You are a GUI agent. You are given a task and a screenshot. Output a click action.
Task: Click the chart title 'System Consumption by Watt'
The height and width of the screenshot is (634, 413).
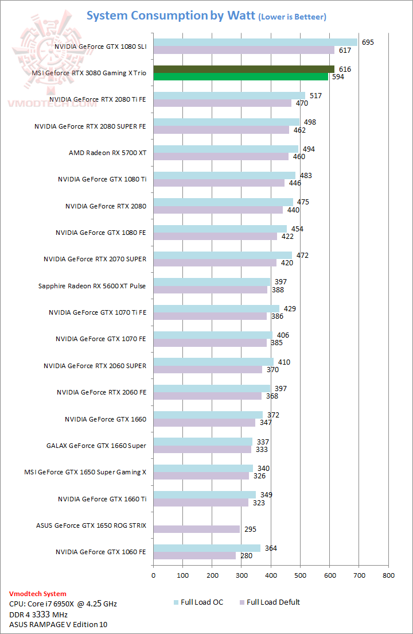[x=170, y=16]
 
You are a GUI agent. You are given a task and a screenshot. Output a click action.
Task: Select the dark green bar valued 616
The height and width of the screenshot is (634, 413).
[x=244, y=69]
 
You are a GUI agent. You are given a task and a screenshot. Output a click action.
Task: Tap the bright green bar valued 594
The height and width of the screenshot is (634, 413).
[x=241, y=76]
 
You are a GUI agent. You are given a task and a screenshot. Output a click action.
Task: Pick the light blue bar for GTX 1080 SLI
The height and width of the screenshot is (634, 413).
[x=255, y=42]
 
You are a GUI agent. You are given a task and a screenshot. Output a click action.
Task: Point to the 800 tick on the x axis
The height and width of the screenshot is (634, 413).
[x=388, y=575]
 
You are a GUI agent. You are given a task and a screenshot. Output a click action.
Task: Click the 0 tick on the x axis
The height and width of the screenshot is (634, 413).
[x=153, y=575]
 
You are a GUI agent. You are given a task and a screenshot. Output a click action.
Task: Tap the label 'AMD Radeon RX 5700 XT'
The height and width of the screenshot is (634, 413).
[x=107, y=153]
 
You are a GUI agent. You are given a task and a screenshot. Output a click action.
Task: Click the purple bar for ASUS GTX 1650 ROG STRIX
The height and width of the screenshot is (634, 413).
[x=197, y=529]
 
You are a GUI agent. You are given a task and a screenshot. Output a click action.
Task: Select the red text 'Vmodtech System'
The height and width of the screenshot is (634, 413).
[x=38, y=594]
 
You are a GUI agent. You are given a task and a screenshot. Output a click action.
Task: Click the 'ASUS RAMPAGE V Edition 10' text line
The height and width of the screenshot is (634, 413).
[x=59, y=624]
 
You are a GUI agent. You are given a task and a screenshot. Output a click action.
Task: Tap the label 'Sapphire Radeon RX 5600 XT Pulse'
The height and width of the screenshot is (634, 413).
[x=92, y=286]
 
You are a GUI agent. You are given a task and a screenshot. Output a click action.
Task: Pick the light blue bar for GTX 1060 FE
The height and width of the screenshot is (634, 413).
[x=206, y=548]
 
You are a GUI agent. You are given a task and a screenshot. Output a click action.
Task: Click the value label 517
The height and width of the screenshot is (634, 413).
[x=315, y=96]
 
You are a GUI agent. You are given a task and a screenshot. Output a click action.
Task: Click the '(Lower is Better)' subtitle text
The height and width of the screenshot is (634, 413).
[x=292, y=17]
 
